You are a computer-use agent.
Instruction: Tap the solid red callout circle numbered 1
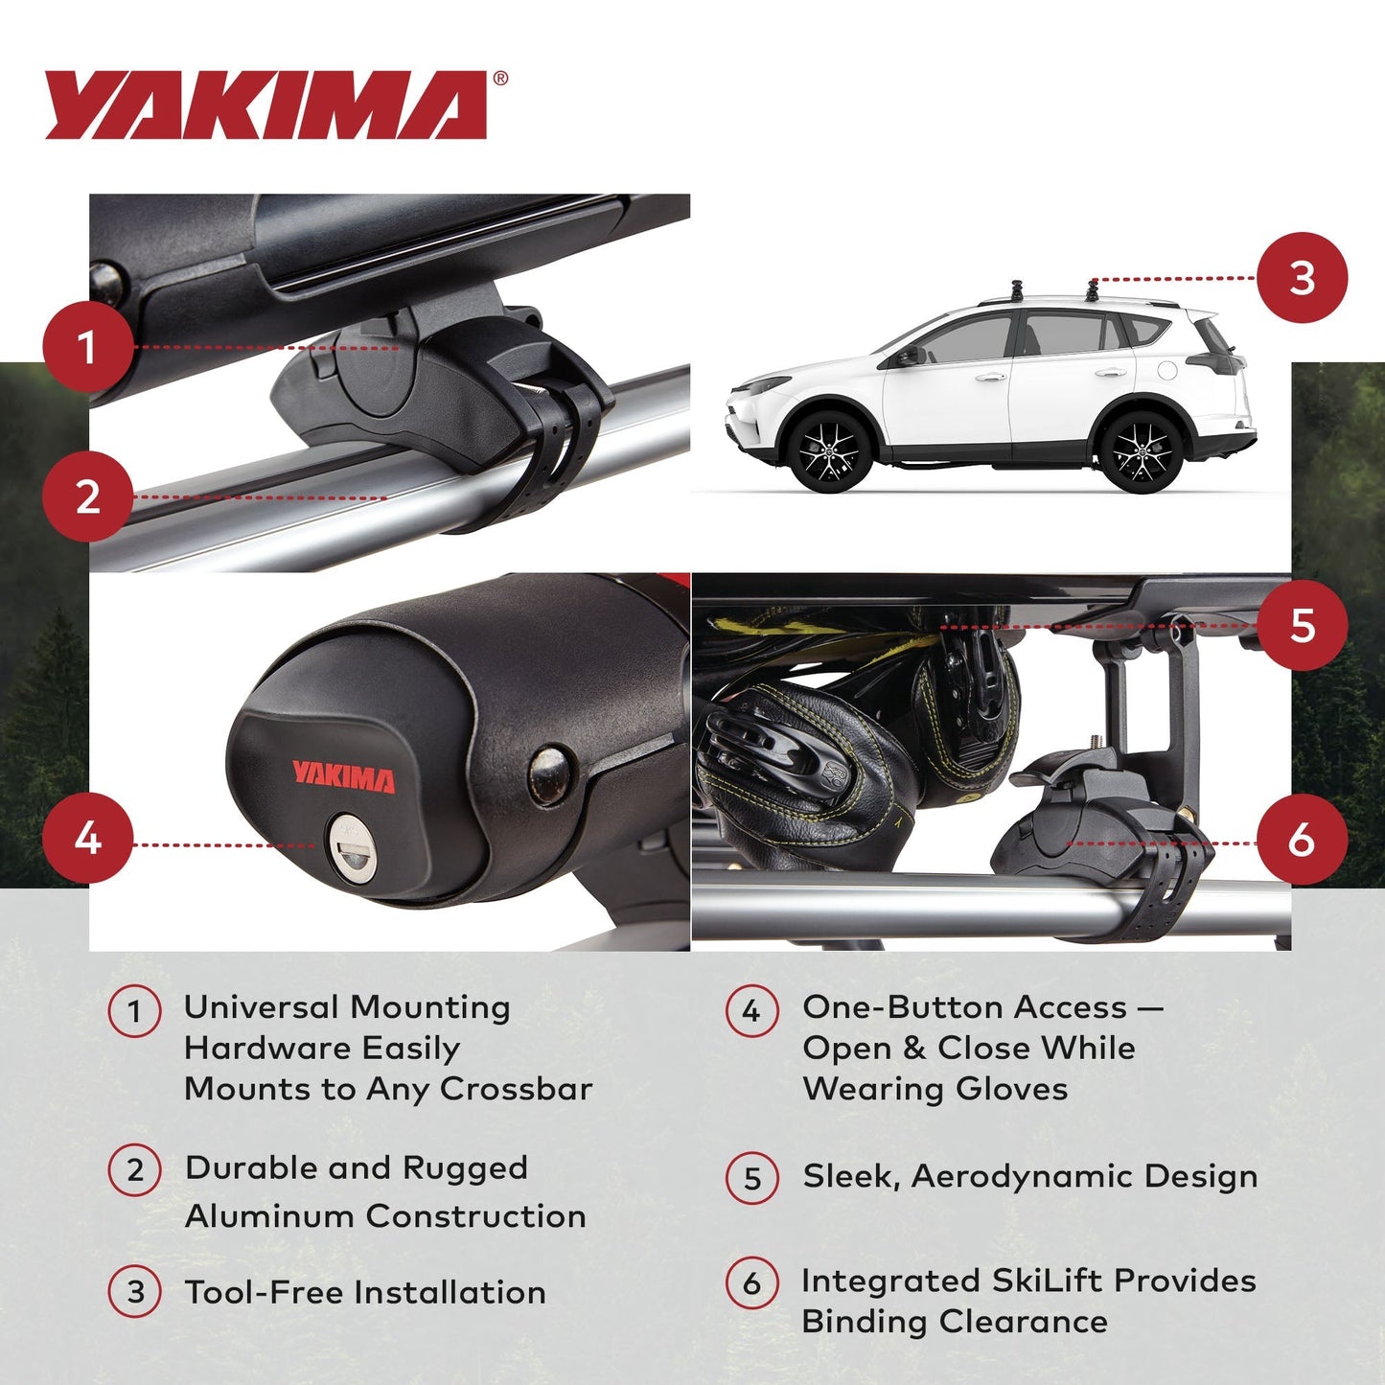click(x=87, y=347)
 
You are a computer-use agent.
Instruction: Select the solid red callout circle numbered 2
click(x=87, y=497)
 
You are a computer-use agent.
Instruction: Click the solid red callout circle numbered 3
click(x=1302, y=278)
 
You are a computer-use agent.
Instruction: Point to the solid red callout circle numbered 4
click(x=87, y=839)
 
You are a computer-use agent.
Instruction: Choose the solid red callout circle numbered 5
click(x=1302, y=626)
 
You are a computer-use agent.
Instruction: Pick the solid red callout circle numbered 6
click(x=1302, y=840)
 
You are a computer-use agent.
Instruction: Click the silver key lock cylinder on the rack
click(x=352, y=846)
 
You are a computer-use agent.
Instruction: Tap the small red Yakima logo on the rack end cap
click(x=343, y=776)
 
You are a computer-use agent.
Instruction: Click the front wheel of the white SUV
click(x=829, y=450)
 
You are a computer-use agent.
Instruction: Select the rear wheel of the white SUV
click(x=1141, y=450)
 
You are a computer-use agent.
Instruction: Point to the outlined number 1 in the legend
click(x=134, y=1012)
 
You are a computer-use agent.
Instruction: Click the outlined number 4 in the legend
click(x=751, y=1011)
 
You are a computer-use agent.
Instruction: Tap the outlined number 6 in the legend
click(x=751, y=1282)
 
